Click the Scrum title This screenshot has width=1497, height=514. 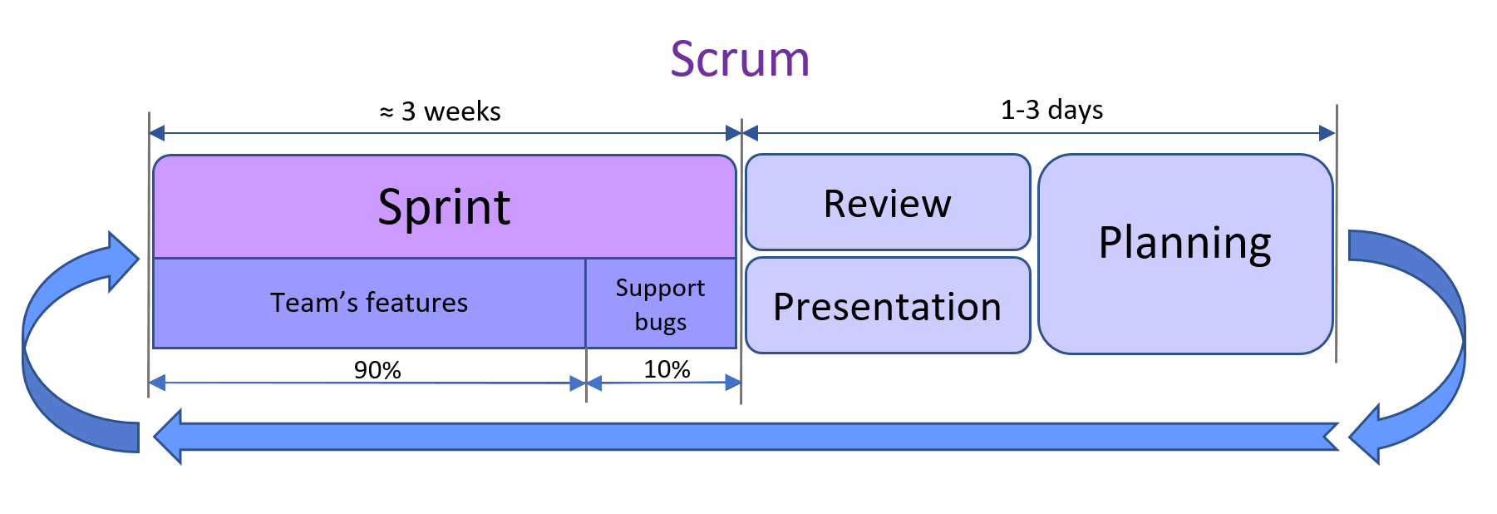[x=740, y=60]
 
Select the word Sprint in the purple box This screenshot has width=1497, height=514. [x=444, y=206]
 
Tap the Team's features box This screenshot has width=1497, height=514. [x=369, y=303]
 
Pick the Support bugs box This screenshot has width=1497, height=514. [x=661, y=304]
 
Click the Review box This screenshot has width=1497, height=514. [x=888, y=203]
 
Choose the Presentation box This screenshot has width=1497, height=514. [x=888, y=306]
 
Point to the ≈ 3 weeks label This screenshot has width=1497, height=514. [x=441, y=111]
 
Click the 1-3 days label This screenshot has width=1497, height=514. [x=1051, y=110]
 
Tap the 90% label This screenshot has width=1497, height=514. [x=377, y=369]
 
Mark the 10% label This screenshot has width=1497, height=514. [x=667, y=368]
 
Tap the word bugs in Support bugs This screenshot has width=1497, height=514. [x=661, y=322]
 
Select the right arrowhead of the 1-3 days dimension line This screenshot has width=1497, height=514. [x=1327, y=133]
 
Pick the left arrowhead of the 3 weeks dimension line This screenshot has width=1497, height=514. [x=157, y=133]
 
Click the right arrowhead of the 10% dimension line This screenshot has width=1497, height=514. [x=733, y=383]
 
